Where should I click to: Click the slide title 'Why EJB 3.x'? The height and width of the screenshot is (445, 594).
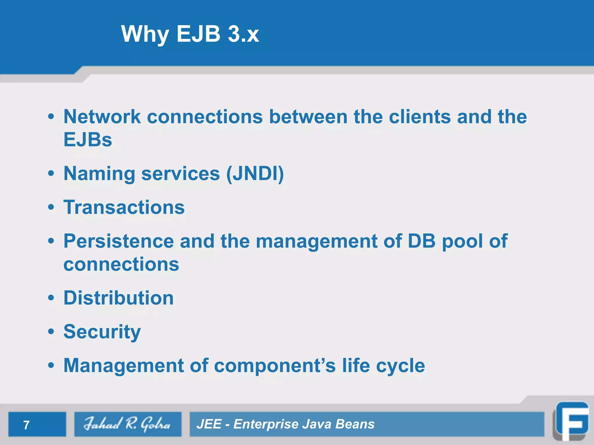(190, 34)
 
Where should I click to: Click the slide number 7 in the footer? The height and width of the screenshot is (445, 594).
(26, 425)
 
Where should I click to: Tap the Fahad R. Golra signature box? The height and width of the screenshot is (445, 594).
(128, 424)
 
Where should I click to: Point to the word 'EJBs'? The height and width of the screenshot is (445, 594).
(88, 140)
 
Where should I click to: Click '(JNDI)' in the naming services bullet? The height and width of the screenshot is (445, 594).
(255, 174)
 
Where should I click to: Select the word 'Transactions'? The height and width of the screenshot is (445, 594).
(124, 207)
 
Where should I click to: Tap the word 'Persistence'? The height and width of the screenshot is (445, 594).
(118, 241)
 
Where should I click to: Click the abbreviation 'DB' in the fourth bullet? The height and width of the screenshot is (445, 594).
(421, 241)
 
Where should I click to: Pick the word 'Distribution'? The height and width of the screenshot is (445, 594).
(118, 298)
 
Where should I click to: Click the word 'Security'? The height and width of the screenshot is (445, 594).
(102, 332)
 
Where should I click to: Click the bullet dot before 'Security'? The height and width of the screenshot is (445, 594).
(51, 332)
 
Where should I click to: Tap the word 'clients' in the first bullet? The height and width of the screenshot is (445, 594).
(419, 117)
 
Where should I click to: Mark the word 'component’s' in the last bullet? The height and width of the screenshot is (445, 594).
(275, 366)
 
